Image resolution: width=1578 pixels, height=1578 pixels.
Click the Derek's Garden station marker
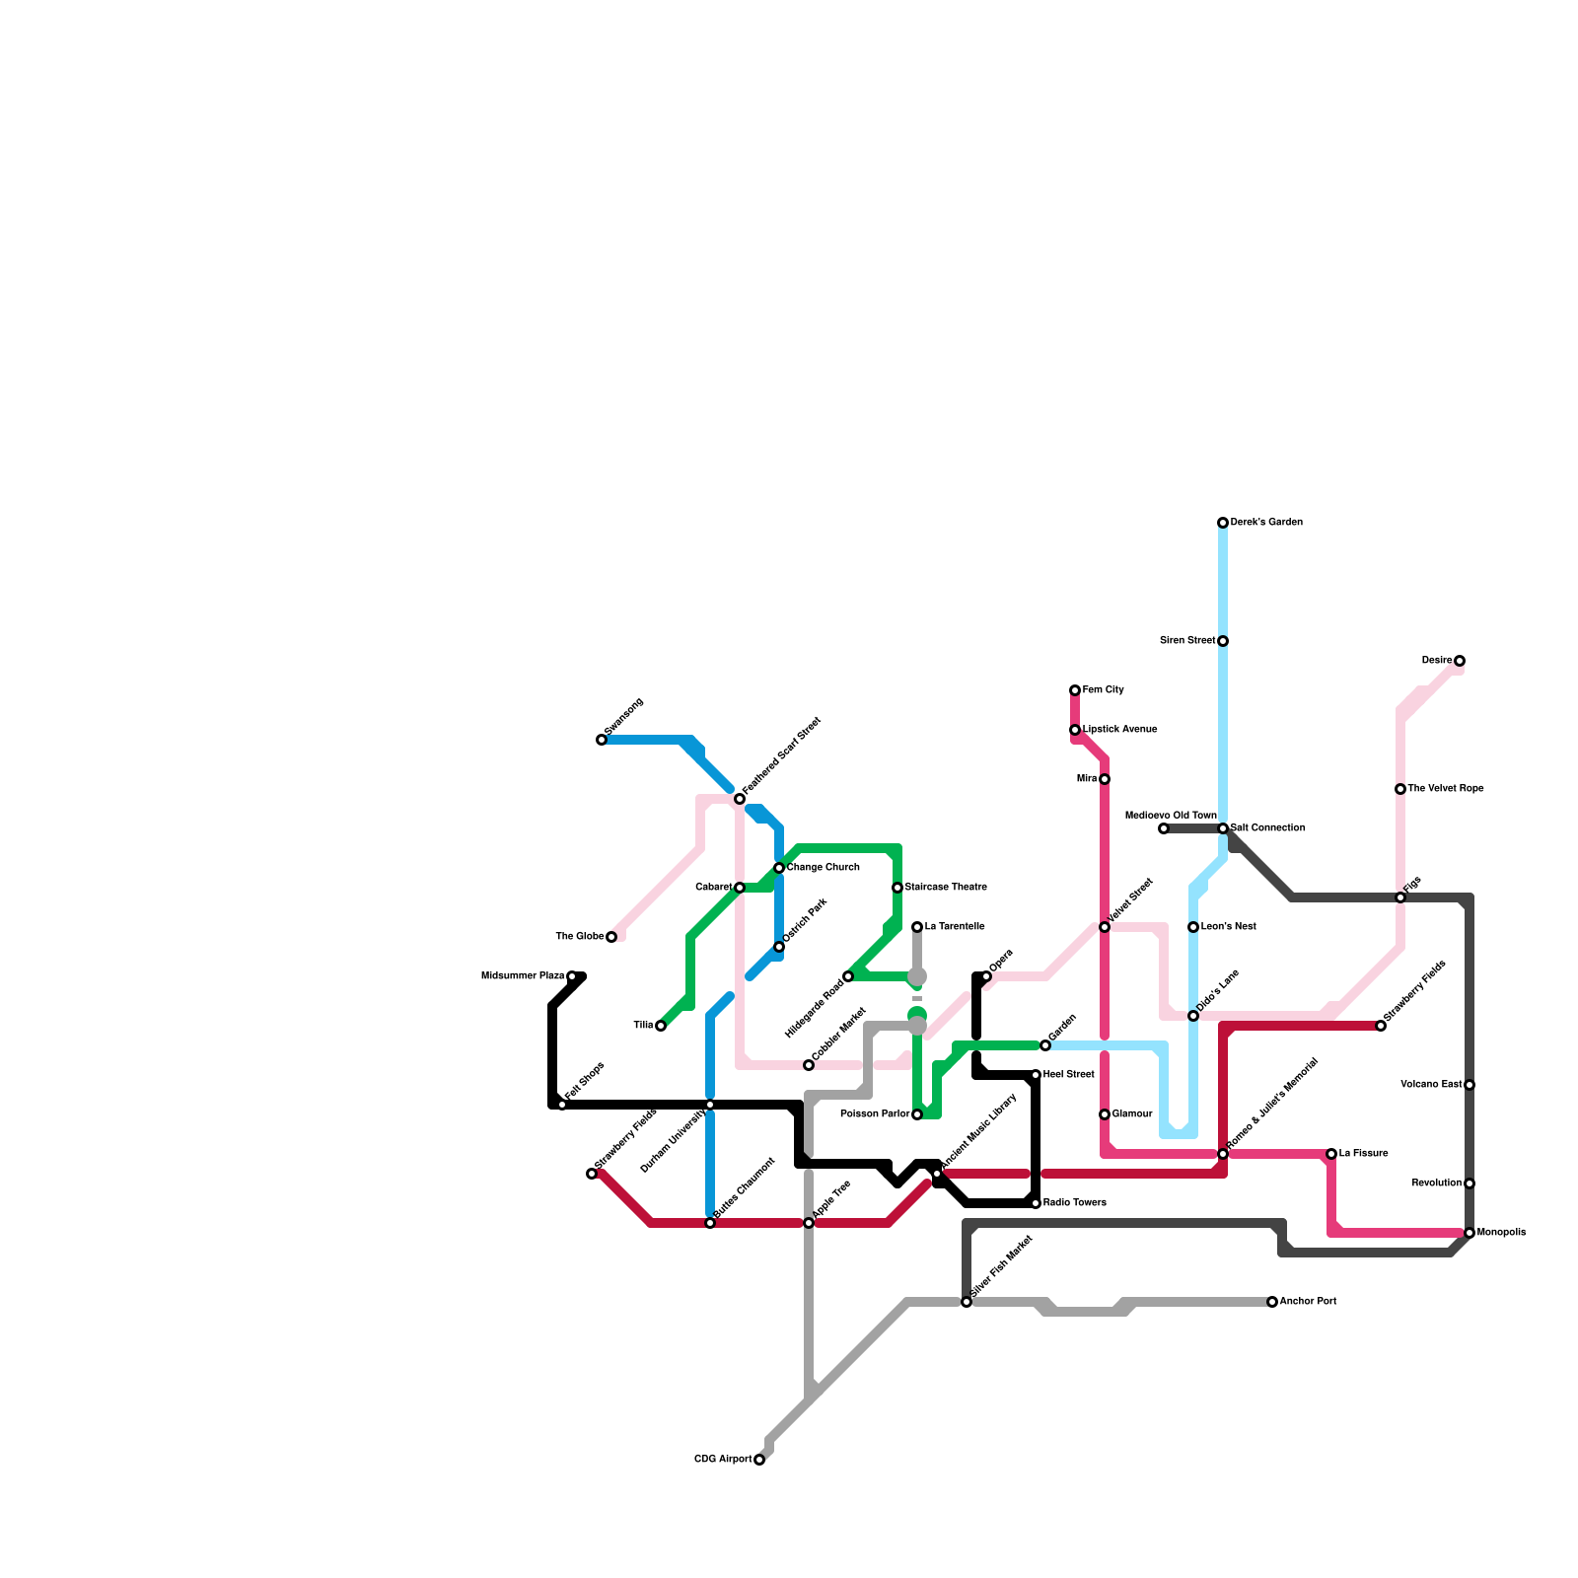coord(1223,523)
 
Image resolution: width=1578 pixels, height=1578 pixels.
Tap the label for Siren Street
coord(1187,641)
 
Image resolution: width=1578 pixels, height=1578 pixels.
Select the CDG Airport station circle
coord(759,1460)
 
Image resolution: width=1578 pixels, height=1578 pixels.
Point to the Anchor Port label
coord(1308,1302)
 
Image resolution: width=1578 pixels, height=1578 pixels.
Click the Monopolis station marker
coord(1470,1233)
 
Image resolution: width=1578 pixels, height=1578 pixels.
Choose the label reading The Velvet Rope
coord(1445,789)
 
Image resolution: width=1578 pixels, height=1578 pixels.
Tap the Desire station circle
coord(1460,661)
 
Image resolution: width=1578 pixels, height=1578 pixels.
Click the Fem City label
coord(1103,690)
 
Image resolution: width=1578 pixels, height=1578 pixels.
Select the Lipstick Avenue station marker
coord(1075,730)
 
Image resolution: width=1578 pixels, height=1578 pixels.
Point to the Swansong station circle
coord(602,740)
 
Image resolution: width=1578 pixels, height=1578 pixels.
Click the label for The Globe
coord(579,937)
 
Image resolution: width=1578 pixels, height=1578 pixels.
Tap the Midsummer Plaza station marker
coord(572,976)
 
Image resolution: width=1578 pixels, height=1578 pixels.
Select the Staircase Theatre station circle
coord(897,888)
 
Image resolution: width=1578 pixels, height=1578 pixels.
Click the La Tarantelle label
coord(954,927)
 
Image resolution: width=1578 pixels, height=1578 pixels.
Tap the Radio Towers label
coord(1074,1203)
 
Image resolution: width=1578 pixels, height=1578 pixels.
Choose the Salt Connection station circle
coord(1223,828)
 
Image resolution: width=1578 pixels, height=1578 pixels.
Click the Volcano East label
coord(1431,1085)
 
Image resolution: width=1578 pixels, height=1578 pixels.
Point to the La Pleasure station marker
coord(1331,1154)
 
